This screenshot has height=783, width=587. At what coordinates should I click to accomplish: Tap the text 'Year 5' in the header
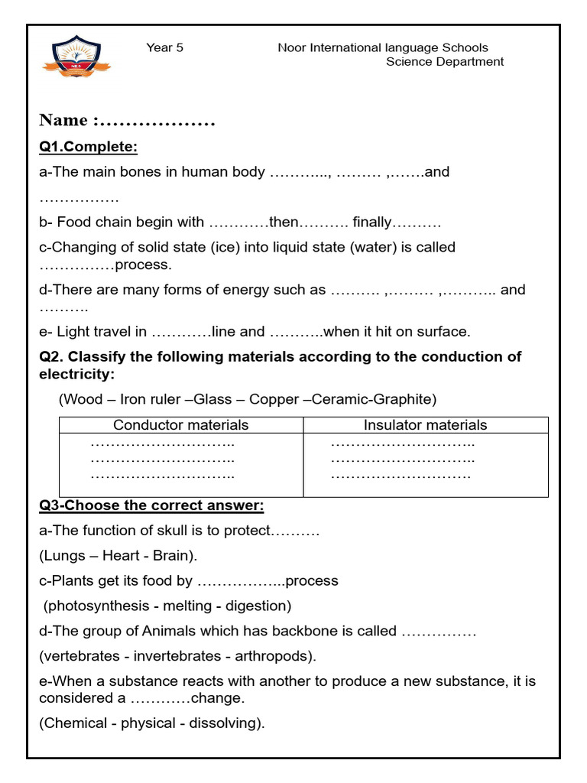(164, 47)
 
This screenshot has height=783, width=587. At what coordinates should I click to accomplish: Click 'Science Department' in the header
(444, 62)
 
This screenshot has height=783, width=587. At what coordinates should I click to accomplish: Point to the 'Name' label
(63, 120)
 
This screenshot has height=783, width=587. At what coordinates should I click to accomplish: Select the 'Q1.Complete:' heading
(88, 147)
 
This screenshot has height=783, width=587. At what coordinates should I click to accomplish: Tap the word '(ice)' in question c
(193, 247)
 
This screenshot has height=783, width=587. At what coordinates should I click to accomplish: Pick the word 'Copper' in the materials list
(274, 399)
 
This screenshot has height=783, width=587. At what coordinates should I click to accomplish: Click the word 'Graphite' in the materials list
(408, 399)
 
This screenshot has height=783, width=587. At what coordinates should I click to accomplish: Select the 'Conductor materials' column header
(181, 425)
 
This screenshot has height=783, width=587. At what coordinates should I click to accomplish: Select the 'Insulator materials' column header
(425, 425)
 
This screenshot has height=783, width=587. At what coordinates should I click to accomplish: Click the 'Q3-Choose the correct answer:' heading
(151, 505)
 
